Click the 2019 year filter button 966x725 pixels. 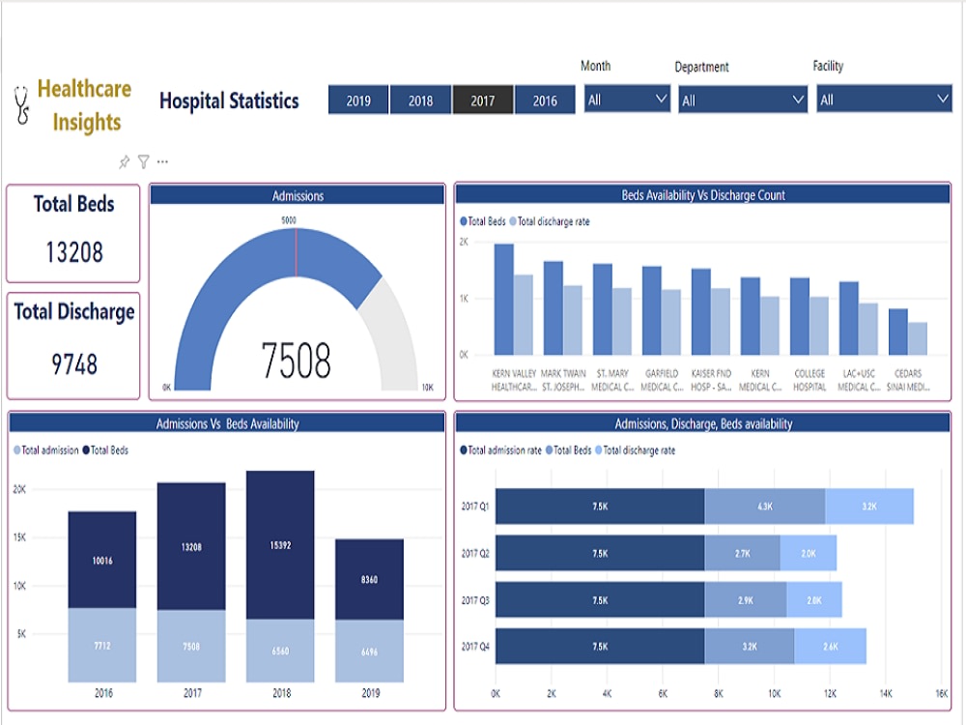coord(358,101)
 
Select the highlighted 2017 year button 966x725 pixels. coord(483,101)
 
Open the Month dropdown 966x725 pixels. coord(627,100)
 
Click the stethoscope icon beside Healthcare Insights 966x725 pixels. coord(21,106)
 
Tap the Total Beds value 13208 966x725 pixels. coord(74,252)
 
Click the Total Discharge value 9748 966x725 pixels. coord(74,364)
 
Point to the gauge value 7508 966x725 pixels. coord(297,361)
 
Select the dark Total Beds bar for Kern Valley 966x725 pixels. coord(503,300)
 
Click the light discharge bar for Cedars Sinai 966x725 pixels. coord(917,338)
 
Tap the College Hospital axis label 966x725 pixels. coord(810,380)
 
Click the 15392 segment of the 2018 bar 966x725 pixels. coord(281,545)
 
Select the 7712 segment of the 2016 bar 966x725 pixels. coord(101,645)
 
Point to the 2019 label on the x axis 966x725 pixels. coord(369,692)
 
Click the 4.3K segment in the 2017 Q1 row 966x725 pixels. coord(764,507)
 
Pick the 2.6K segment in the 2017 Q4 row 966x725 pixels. coord(830,646)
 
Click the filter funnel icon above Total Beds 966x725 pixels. coord(143,162)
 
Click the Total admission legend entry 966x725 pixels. coord(46,450)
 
